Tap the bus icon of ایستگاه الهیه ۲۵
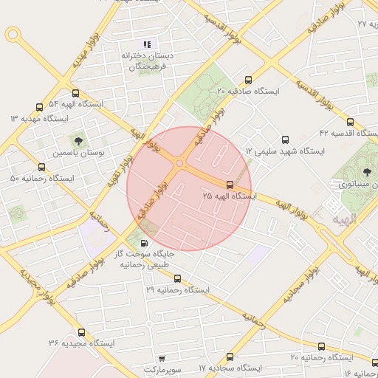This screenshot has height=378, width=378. [x=230, y=185]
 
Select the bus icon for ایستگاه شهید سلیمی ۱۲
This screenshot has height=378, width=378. [x=286, y=140]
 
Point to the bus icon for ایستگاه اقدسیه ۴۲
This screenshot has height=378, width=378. [x=350, y=122]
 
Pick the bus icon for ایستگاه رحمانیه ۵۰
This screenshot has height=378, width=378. [x=41, y=168]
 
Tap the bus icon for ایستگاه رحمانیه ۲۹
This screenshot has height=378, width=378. [x=177, y=279]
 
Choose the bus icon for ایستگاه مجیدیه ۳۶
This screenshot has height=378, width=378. [x=81, y=332]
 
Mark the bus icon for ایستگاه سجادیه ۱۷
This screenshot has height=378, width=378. [x=230, y=357]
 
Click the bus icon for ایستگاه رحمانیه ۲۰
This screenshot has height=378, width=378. [x=321, y=346]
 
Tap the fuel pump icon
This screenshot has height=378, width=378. [x=142, y=242]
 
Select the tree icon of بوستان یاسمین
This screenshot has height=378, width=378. [x=78, y=139]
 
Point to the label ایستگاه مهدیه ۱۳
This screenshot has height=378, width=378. [x=38, y=119]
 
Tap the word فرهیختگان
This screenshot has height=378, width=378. [x=151, y=66]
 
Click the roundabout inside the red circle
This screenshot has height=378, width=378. [x=179, y=164]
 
